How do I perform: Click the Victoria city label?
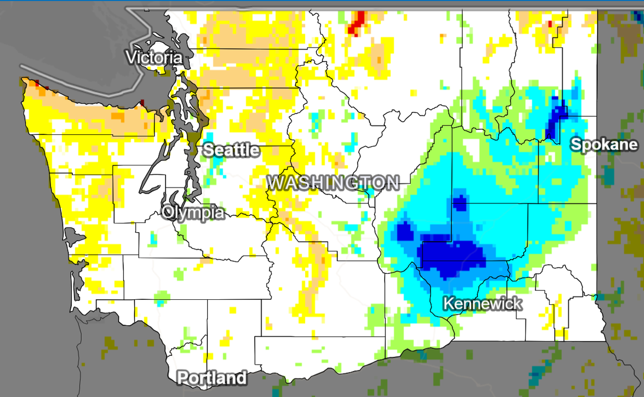coord(154,57)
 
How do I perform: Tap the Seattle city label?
coord(231,150)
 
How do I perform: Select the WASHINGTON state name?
coord(333,182)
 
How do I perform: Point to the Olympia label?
coord(193,212)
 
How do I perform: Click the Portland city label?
coord(212,377)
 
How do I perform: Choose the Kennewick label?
coord(482,303)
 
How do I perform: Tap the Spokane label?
coord(603,144)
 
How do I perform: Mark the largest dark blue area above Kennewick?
coord(452,257)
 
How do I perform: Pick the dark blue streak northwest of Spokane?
coord(555,117)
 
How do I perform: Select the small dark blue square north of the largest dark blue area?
coord(460,202)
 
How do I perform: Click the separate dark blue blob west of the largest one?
coord(405,232)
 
